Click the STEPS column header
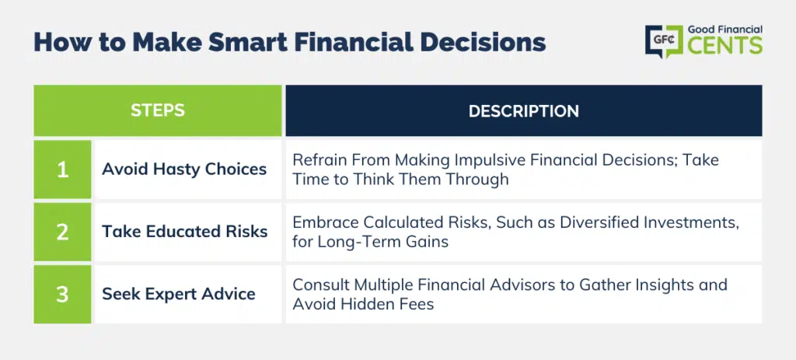click(158, 110)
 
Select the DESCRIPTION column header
click(523, 110)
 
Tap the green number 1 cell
click(62, 170)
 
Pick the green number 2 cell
click(62, 232)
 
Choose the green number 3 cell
click(62, 294)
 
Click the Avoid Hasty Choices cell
click(188, 170)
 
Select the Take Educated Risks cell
click(188, 232)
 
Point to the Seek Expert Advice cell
click(188, 294)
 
